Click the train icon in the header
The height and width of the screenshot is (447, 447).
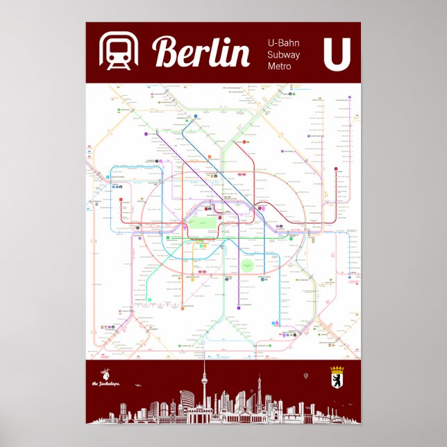pyautogui.click(x=119, y=52)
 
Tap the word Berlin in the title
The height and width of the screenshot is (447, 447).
pyautogui.click(x=201, y=53)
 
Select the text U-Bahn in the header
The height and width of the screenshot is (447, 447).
pyautogui.click(x=284, y=43)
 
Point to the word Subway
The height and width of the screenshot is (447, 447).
pyautogui.click(x=285, y=55)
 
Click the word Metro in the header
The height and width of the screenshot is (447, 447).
pyautogui.click(x=280, y=66)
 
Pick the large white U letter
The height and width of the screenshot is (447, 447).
pyautogui.click(x=337, y=53)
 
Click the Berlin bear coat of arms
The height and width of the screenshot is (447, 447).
pyautogui.click(x=337, y=377)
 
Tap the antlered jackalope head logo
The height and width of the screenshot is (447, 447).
pyautogui.click(x=106, y=373)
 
